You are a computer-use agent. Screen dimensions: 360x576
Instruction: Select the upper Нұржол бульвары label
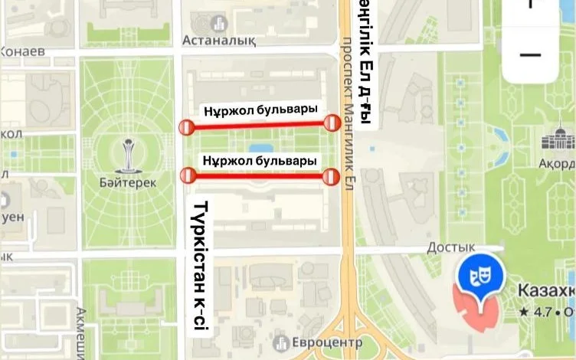tap(260, 110)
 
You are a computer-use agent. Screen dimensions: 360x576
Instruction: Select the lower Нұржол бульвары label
tap(260, 162)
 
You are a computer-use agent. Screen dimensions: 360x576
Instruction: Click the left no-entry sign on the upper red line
tap(186, 128)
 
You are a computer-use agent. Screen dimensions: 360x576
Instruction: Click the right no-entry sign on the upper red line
tap(332, 123)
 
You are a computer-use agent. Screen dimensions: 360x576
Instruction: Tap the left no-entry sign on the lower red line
tap(187, 176)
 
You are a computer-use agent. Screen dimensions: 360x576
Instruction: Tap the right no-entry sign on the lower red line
tap(331, 178)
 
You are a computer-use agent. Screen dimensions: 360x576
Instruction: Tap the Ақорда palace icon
tap(558, 140)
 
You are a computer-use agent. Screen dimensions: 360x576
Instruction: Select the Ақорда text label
tap(556, 164)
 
